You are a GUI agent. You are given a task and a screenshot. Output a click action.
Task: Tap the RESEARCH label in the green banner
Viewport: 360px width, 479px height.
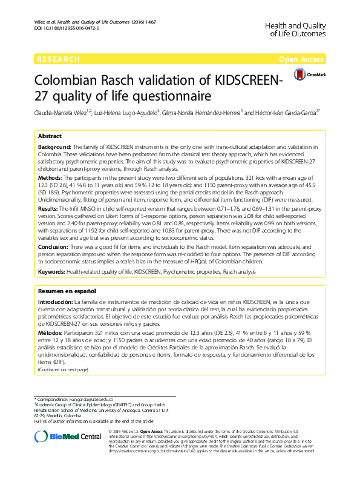point(58,59)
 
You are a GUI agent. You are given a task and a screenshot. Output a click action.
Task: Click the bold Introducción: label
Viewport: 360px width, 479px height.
point(56,302)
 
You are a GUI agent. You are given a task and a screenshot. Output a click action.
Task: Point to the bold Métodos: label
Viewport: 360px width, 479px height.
point(51,334)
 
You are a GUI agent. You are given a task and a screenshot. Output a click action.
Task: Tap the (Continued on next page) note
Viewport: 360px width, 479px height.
point(63,369)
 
